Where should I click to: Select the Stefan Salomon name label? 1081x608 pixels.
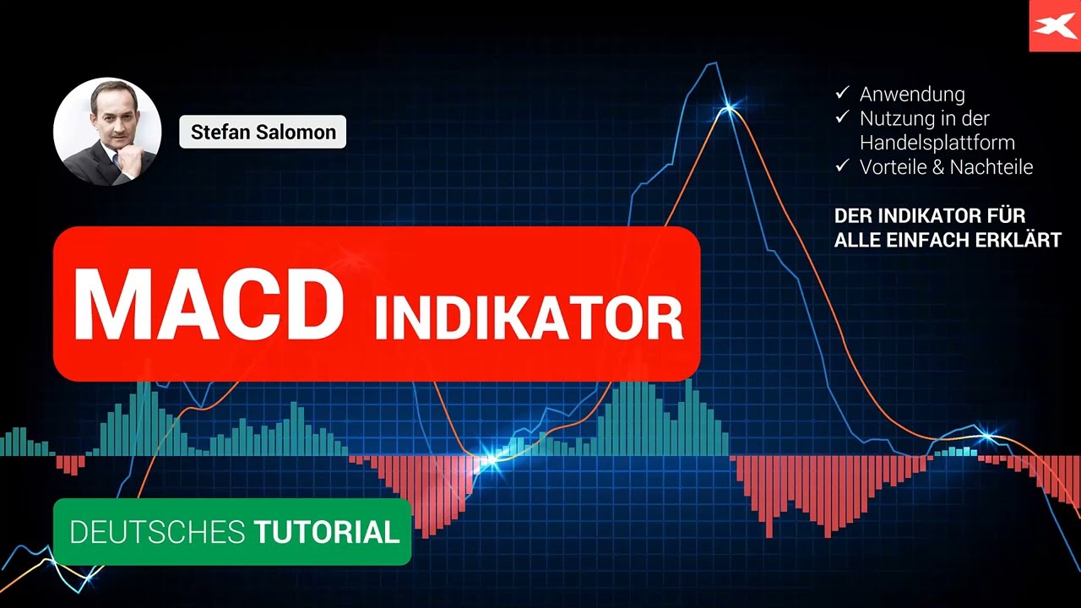[263, 132]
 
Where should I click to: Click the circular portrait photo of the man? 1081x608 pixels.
[107, 132]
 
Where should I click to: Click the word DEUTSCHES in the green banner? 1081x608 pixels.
[156, 532]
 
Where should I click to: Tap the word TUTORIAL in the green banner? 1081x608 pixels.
[326, 532]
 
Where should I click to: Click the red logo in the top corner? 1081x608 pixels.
[1054, 26]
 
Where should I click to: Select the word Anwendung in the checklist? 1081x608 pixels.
[912, 95]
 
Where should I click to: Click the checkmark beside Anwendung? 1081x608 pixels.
[841, 94]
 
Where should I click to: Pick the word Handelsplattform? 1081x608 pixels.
[937, 143]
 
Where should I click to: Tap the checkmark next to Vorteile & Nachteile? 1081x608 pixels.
[841, 166]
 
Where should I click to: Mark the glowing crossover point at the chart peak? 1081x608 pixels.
[729, 108]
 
